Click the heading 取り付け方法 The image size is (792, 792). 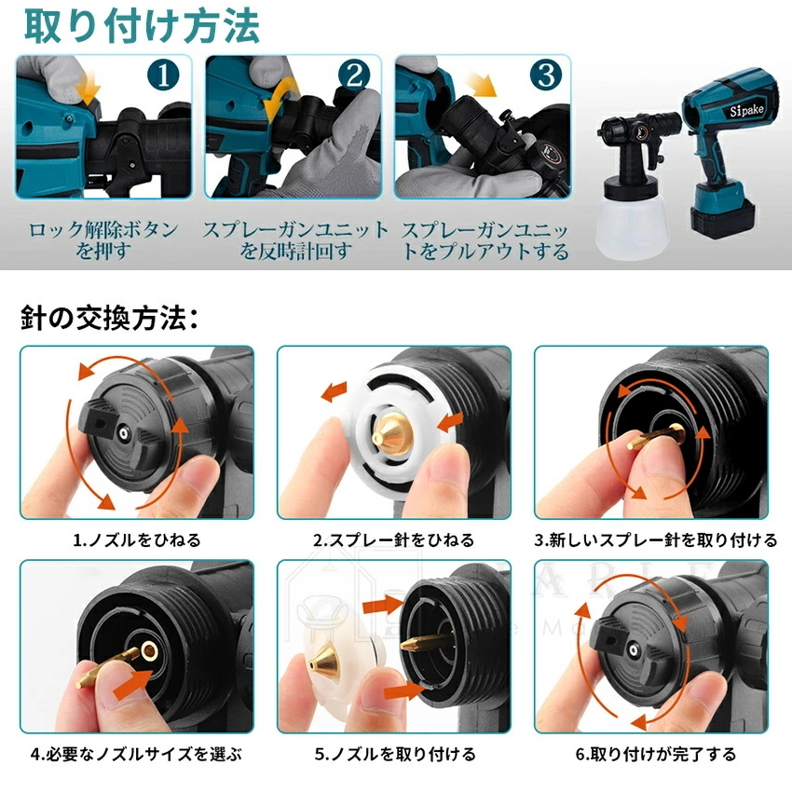[142, 26]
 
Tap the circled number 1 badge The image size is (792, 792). [163, 75]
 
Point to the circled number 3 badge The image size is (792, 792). [545, 75]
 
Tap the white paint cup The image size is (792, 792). [631, 225]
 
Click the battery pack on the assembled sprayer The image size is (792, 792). [723, 218]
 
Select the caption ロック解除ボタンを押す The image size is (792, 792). [103, 240]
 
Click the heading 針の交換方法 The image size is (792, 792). [109, 318]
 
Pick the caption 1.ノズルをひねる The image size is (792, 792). [137, 539]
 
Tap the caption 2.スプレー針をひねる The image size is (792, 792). [394, 539]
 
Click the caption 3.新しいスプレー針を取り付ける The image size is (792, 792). [655, 539]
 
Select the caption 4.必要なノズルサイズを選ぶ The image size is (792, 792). [136, 754]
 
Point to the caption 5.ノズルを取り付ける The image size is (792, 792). [395, 754]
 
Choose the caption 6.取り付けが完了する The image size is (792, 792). [656, 754]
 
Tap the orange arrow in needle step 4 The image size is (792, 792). [133, 685]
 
